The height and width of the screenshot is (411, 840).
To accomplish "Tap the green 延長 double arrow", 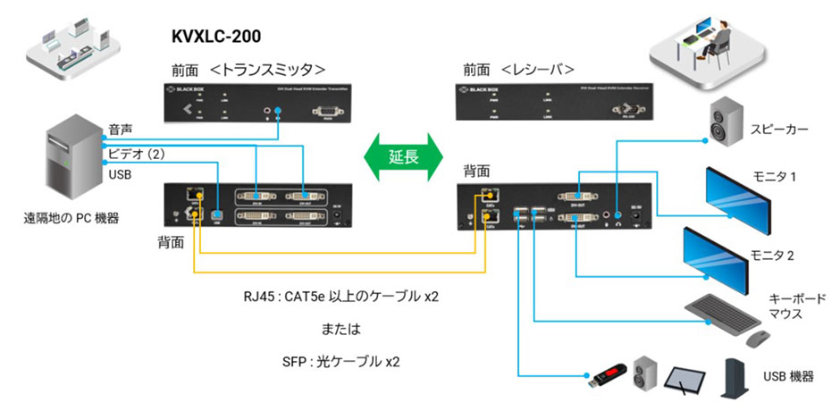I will [403, 155].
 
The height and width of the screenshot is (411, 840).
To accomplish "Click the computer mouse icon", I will [758, 339].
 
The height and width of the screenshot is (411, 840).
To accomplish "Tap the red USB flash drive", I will [606, 376].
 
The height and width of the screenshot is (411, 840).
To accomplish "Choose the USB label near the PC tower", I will [120, 174].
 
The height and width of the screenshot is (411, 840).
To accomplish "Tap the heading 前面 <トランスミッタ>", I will [248, 69].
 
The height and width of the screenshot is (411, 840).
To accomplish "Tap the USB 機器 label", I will [789, 377].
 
